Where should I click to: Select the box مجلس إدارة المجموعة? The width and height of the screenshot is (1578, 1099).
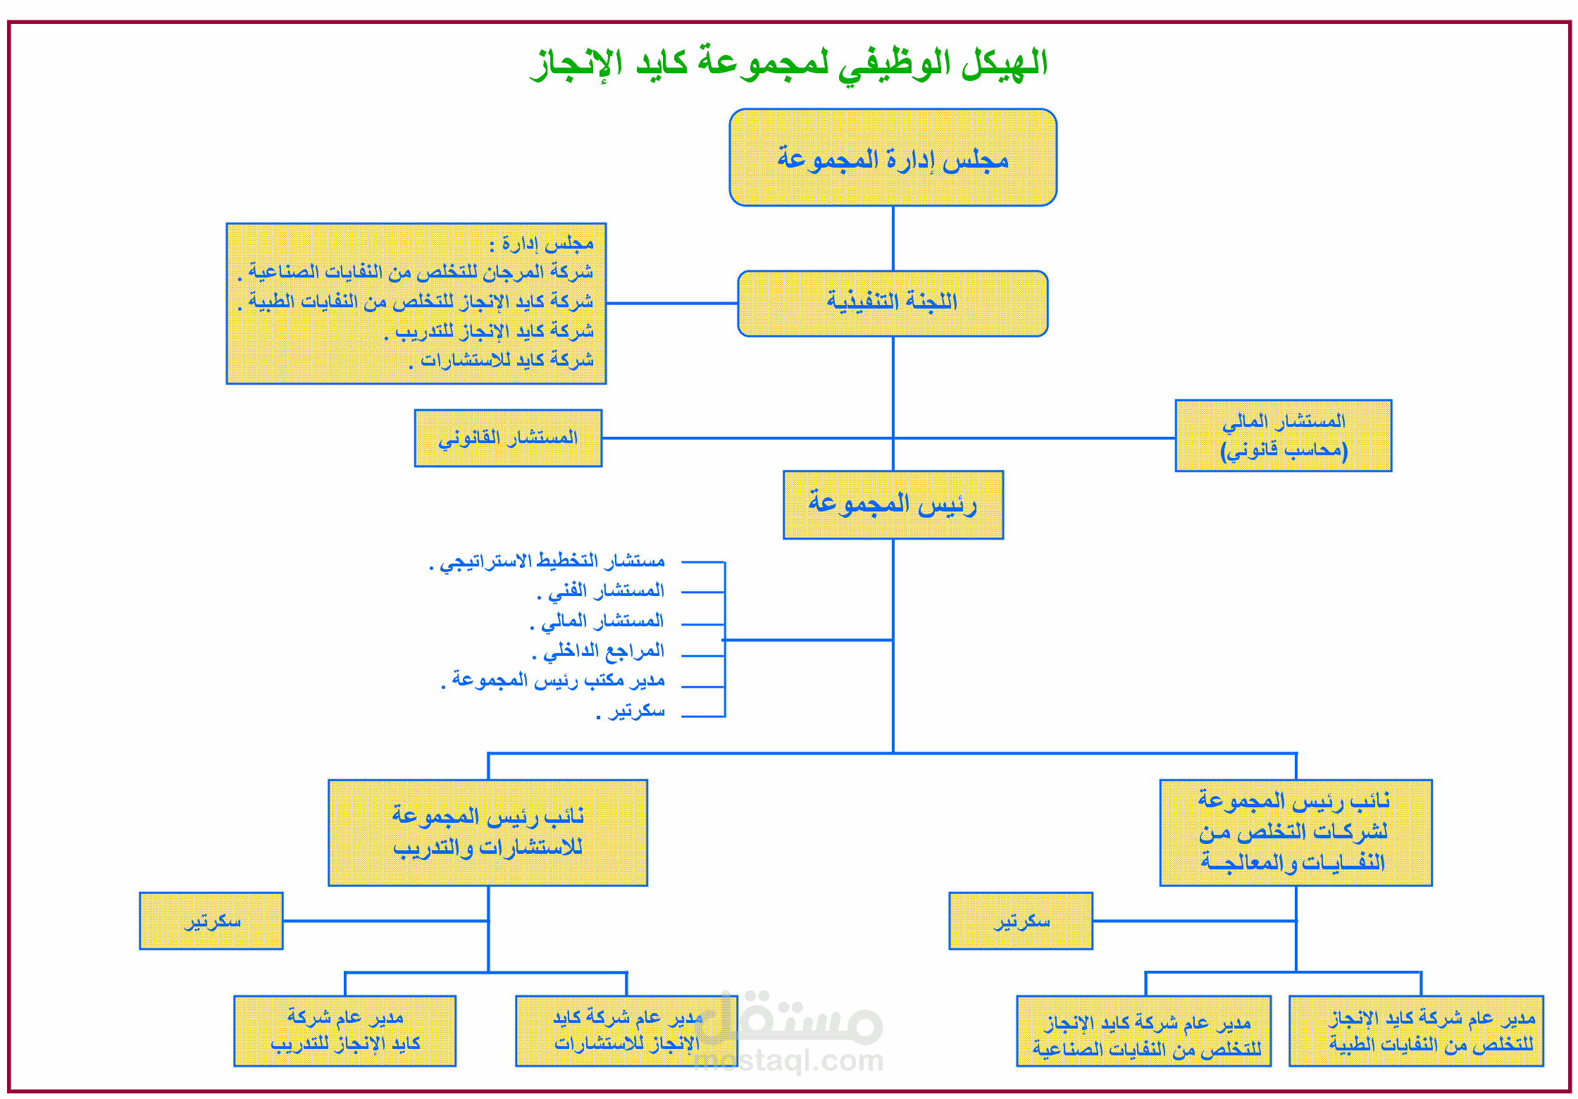point(893,158)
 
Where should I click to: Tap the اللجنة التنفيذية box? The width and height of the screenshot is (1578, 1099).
point(893,304)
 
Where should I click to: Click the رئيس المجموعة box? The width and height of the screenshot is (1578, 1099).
point(893,504)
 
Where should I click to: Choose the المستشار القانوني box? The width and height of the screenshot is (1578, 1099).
point(508,438)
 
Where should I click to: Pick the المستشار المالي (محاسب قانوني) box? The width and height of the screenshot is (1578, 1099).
point(1284,435)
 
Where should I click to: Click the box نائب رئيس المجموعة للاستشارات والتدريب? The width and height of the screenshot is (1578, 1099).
point(487,832)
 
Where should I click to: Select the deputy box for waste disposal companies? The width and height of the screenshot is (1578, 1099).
point(1296,832)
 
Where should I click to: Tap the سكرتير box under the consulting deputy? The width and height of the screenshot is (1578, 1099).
point(211,921)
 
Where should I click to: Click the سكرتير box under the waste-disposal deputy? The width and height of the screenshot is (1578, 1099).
point(1021,921)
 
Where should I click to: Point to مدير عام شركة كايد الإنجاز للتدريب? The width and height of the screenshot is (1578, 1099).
point(344,1031)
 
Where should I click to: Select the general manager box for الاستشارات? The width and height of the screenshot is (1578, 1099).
point(626,1031)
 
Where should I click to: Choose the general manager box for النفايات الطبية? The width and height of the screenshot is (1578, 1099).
point(1416,1031)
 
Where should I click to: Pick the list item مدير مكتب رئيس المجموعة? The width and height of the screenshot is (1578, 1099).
point(557,681)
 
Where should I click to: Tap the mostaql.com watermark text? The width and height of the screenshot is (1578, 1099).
point(789,1060)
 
